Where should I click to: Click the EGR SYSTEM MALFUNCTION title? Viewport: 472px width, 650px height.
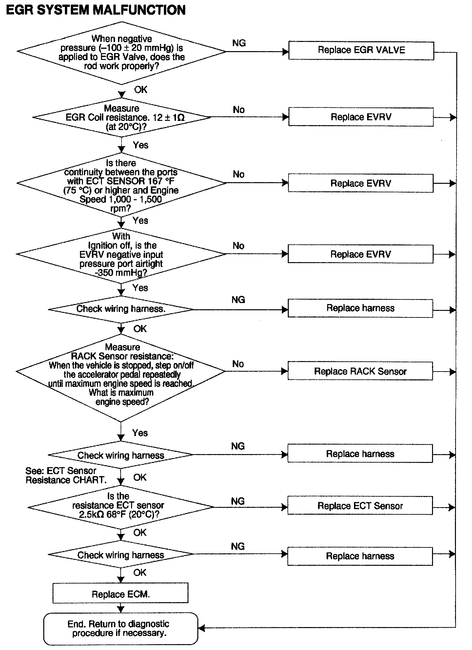point(96,10)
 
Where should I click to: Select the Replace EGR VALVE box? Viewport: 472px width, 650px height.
point(361,50)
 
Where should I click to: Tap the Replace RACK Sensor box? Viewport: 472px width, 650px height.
point(360,371)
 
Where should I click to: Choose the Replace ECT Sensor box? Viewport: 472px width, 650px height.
point(360,506)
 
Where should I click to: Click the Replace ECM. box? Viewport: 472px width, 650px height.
point(120,594)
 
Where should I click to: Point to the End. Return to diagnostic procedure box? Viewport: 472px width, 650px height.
point(120,628)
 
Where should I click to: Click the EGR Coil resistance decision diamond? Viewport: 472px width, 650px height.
point(122,117)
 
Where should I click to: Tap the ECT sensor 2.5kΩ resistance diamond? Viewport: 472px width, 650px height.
point(121,507)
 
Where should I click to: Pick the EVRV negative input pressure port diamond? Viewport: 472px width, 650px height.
point(121,254)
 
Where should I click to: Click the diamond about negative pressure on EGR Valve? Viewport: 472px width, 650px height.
point(122,52)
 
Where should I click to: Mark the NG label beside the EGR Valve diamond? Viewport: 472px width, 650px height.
point(239,43)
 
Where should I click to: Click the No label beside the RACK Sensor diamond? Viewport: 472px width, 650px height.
point(238,364)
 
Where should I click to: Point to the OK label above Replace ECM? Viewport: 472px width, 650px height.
point(140,572)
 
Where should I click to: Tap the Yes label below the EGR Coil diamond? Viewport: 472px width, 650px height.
point(141,145)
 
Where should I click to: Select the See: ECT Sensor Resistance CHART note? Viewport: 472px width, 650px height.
point(66,476)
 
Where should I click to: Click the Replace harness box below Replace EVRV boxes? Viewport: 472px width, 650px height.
point(360,308)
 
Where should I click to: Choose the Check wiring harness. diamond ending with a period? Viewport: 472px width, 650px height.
point(121,309)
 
